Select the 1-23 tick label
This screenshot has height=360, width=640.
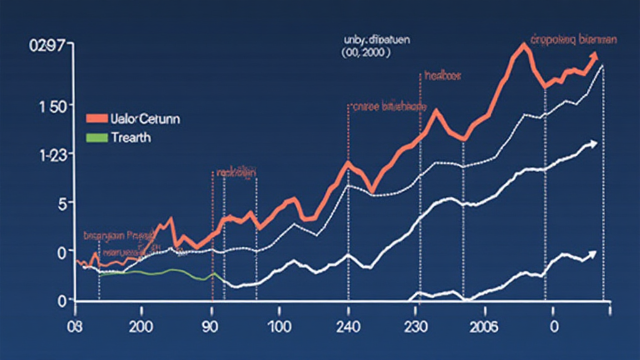[x=52, y=154]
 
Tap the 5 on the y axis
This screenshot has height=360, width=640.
[x=61, y=203]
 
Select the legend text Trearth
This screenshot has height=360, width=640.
[x=130, y=138]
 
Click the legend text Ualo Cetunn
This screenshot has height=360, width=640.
[x=144, y=119]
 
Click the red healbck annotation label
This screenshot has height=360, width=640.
[x=442, y=76]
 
